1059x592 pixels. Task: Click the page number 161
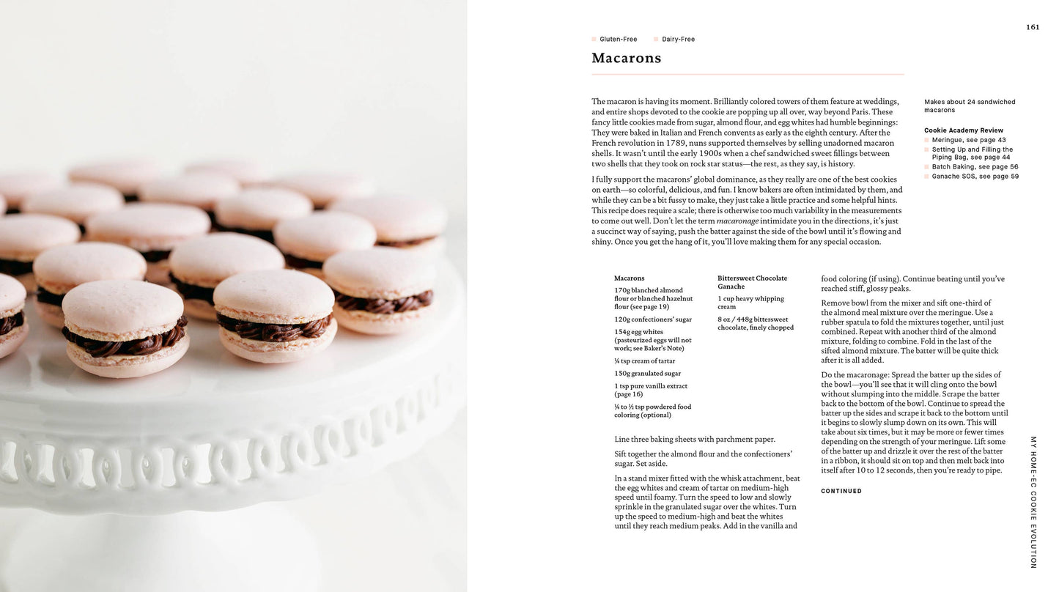pos(1032,27)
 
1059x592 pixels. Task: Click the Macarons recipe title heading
pos(626,58)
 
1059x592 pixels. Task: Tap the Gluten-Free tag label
pos(618,40)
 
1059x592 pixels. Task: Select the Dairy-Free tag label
pos(678,40)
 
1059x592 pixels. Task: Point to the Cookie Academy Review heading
pos(964,130)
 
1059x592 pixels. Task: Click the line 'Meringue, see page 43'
pos(968,140)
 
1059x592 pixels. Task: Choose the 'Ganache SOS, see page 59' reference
pos(975,177)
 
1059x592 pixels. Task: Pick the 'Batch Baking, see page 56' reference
pos(975,167)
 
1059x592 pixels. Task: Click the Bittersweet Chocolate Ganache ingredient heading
pos(752,282)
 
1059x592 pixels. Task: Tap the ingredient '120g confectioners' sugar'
pos(653,319)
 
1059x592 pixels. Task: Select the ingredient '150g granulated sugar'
pos(648,374)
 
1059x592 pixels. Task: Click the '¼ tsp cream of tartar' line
pos(645,361)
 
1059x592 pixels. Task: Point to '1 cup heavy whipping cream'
pos(750,303)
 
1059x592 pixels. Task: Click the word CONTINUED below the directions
pos(841,491)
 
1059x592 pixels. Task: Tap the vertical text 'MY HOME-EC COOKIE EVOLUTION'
pos(1033,502)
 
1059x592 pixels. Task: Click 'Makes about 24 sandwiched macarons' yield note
pos(969,106)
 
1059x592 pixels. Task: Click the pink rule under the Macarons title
pos(748,75)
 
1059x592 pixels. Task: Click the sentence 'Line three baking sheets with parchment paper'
pos(695,440)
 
